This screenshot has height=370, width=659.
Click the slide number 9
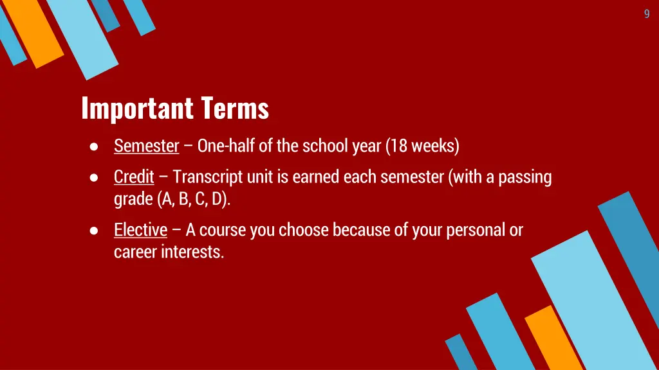pyautogui.click(x=647, y=14)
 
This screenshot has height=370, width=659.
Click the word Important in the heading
pyautogui.click(x=137, y=108)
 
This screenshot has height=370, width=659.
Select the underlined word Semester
pyautogui.click(x=146, y=146)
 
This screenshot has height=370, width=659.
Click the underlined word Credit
pyautogui.click(x=134, y=177)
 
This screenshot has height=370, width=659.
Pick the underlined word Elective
pyautogui.click(x=140, y=230)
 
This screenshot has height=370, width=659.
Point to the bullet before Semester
pyautogui.click(x=94, y=147)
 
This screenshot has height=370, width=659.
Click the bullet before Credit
pyautogui.click(x=94, y=177)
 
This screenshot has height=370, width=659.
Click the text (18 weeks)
pyautogui.click(x=423, y=146)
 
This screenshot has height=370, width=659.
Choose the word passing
pyautogui.click(x=524, y=177)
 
